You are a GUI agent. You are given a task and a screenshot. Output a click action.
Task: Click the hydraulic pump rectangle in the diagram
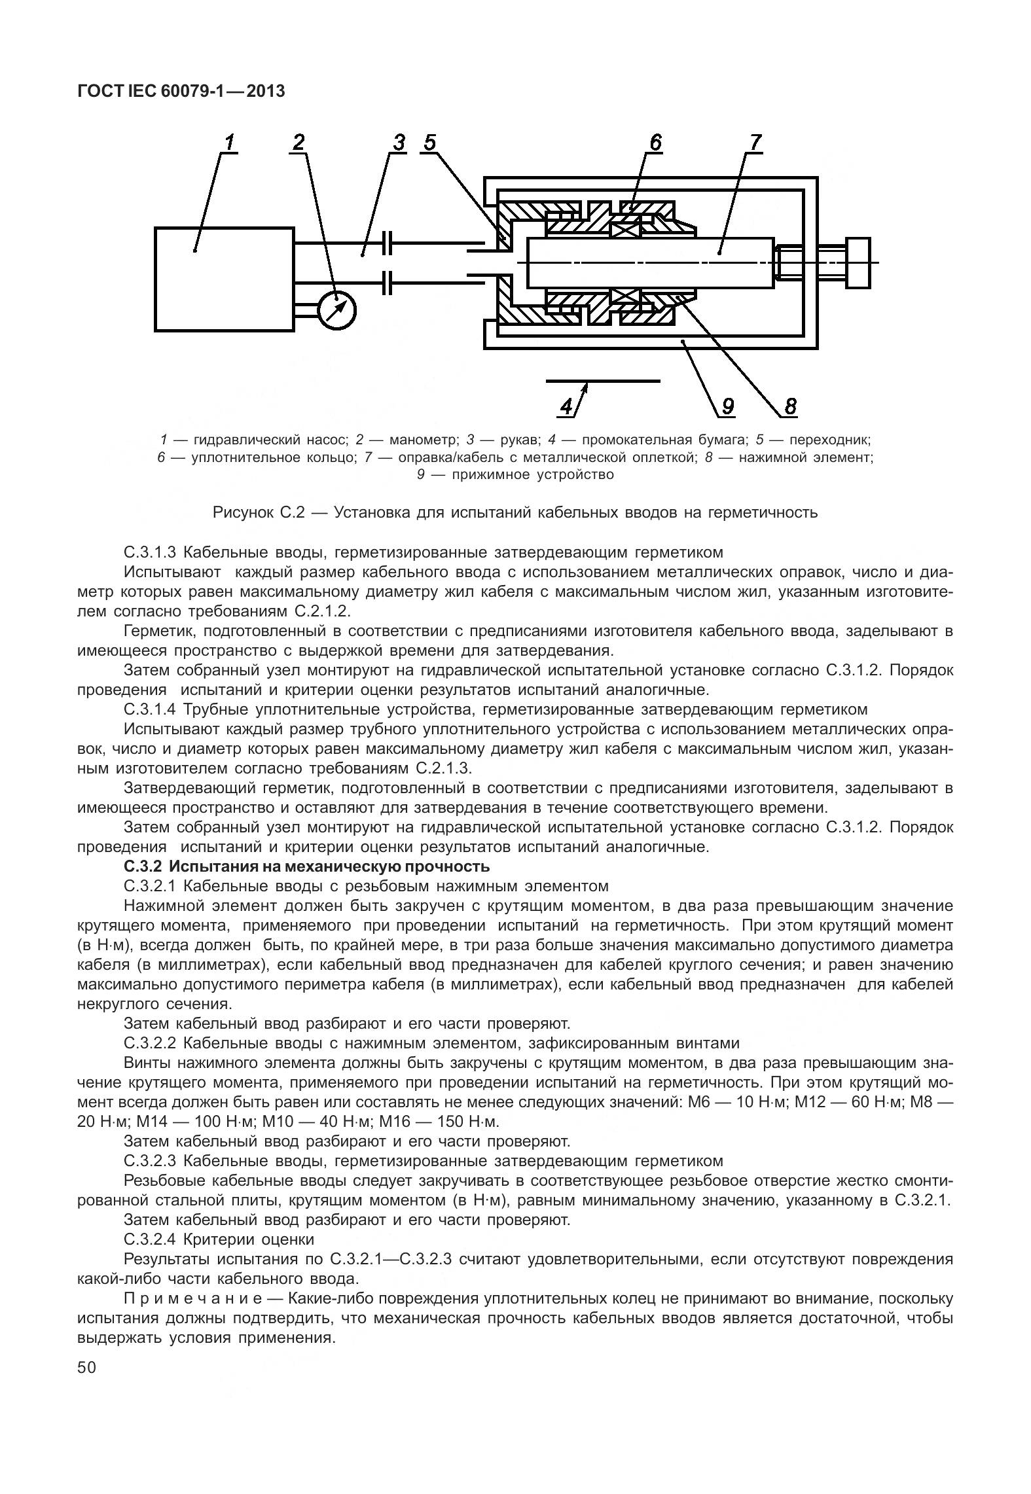click(x=224, y=279)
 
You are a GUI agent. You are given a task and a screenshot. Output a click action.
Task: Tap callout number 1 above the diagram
click(x=229, y=143)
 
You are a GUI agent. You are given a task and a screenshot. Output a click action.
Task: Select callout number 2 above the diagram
click(x=298, y=143)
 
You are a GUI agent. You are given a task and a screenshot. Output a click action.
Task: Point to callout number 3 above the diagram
click(x=399, y=143)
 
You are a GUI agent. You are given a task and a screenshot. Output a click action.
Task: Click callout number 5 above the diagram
click(x=429, y=143)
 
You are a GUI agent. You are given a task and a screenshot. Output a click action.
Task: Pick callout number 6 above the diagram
click(x=655, y=143)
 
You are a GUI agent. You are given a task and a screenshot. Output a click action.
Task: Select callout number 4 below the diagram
click(x=566, y=407)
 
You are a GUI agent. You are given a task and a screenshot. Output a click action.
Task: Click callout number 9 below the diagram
click(x=728, y=407)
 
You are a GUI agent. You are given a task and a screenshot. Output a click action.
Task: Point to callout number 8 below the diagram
click(x=790, y=407)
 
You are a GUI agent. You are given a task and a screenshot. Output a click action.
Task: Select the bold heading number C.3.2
click(x=143, y=867)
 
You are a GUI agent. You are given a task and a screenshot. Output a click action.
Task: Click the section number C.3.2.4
click(x=151, y=1239)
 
